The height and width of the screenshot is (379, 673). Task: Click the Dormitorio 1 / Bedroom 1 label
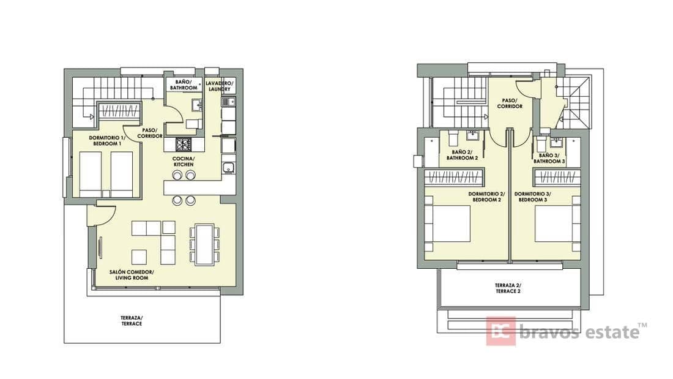click(x=107, y=140)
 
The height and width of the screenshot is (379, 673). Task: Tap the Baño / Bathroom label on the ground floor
click(x=184, y=84)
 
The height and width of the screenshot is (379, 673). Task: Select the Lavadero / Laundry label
click(x=219, y=86)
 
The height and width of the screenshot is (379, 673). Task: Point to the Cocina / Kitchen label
click(x=184, y=162)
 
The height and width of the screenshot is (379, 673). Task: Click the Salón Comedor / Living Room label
click(x=132, y=275)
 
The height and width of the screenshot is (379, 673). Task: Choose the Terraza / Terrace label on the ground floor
click(x=132, y=321)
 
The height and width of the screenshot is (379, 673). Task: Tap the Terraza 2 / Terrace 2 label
click(x=508, y=288)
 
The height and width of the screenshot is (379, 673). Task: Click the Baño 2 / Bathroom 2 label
click(x=463, y=155)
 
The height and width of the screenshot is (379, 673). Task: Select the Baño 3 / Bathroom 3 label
click(x=549, y=158)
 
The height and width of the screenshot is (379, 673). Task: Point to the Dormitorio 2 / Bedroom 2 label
click(x=487, y=197)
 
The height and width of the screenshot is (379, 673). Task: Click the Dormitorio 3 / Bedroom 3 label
click(x=533, y=197)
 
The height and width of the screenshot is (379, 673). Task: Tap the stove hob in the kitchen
click(x=184, y=144)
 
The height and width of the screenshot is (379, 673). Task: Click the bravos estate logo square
click(x=501, y=331)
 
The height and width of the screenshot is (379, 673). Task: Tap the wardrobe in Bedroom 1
click(x=120, y=111)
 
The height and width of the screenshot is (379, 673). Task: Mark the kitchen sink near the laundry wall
click(x=228, y=168)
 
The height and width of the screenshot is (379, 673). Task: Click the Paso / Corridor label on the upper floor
click(x=510, y=103)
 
